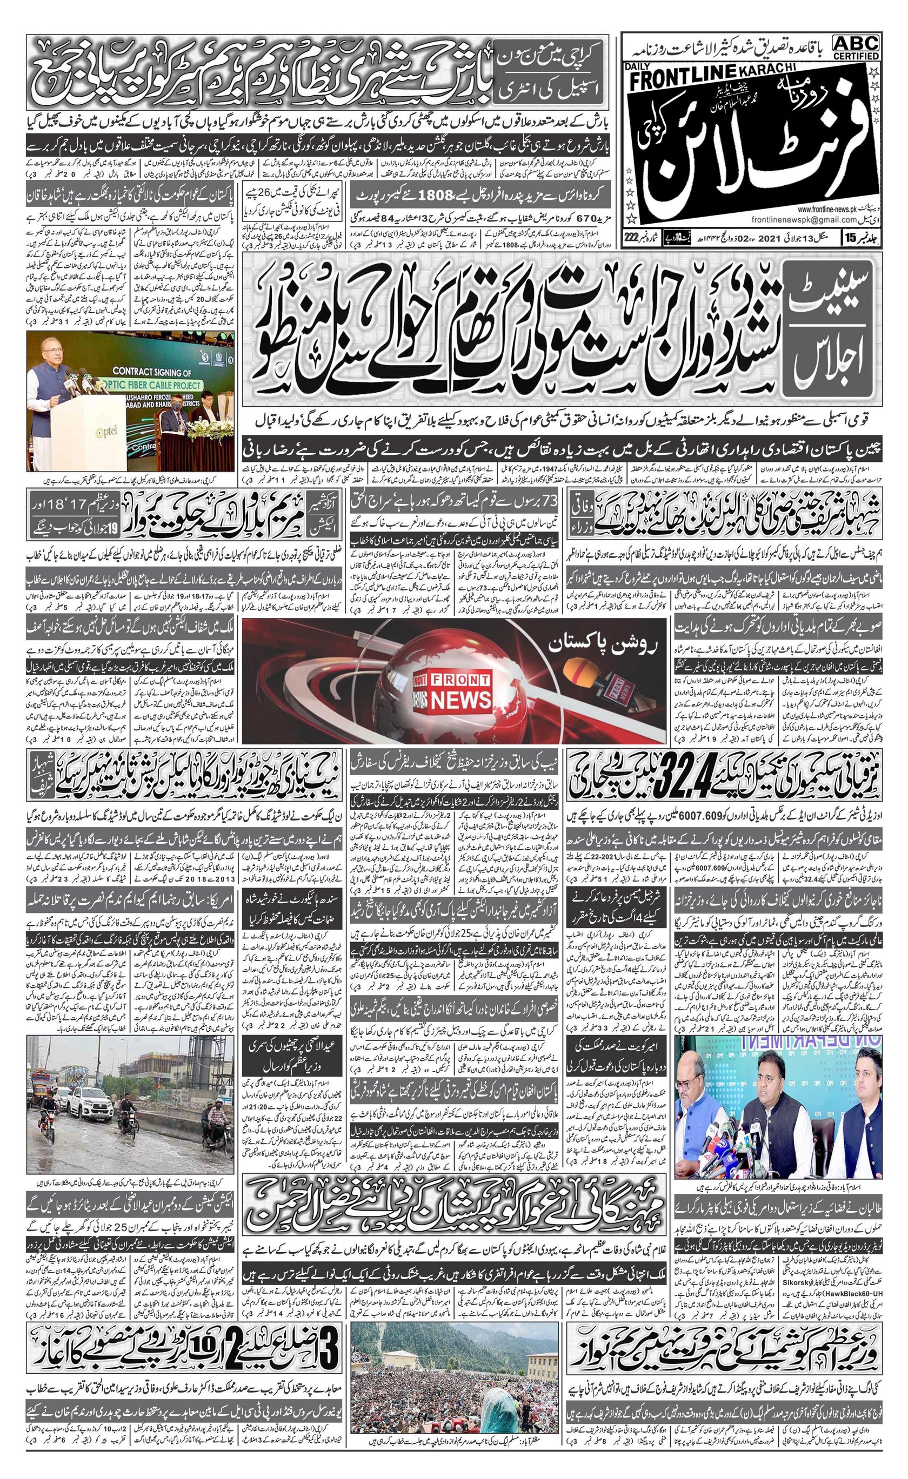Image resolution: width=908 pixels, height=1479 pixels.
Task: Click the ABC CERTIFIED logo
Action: click(856, 47)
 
